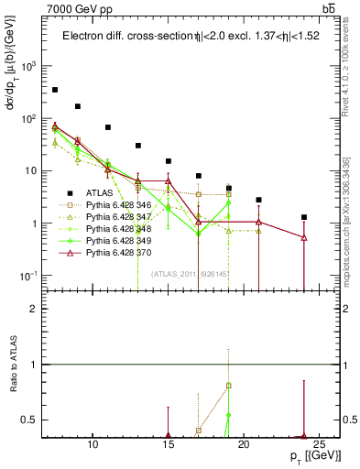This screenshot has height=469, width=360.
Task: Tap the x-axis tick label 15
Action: coord(169,446)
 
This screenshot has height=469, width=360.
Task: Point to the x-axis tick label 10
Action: coord(93,446)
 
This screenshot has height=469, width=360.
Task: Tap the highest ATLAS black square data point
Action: coord(55,90)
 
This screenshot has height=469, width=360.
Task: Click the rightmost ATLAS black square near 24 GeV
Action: coord(304,217)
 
